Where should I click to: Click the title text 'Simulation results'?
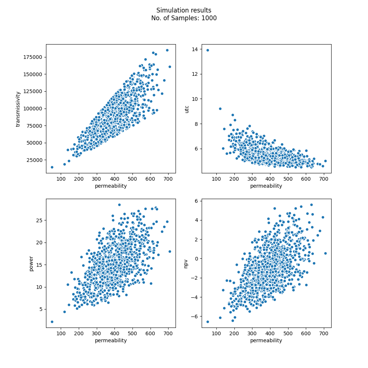(184, 11)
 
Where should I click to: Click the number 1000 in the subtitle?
(209, 18)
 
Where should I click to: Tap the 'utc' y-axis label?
(187, 109)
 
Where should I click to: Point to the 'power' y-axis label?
(31, 263)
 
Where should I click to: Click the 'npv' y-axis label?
(186, 263)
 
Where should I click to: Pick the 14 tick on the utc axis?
(195, 49)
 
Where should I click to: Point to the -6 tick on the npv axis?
(194, 316)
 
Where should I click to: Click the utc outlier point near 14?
(208, 50)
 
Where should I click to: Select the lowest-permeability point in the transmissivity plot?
(52, 167)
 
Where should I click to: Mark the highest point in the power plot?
(119, 205)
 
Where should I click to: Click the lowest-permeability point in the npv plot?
(208, 322)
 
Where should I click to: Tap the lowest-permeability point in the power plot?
(52, 322)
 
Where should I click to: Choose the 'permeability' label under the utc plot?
(266, 186)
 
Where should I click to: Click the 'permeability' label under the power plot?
(111, 340)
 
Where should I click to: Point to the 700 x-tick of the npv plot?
(323, 333)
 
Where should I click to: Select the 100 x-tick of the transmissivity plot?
(61, 178)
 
